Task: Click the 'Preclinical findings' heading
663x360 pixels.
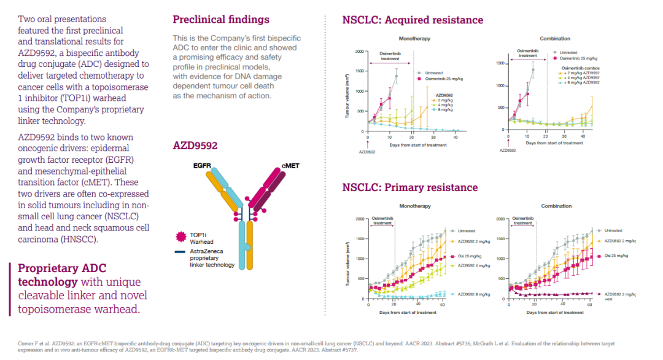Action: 220,20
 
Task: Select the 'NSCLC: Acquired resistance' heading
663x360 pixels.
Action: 413,20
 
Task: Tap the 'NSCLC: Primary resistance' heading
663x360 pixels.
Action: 409,187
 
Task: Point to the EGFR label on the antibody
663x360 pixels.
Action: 203,166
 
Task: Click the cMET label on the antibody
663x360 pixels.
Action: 292,166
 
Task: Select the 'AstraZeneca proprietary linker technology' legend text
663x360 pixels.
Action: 212,258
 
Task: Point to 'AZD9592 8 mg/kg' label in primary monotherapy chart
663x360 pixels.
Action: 474,294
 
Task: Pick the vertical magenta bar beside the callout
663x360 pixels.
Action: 10,289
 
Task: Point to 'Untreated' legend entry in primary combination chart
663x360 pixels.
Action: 615,230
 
